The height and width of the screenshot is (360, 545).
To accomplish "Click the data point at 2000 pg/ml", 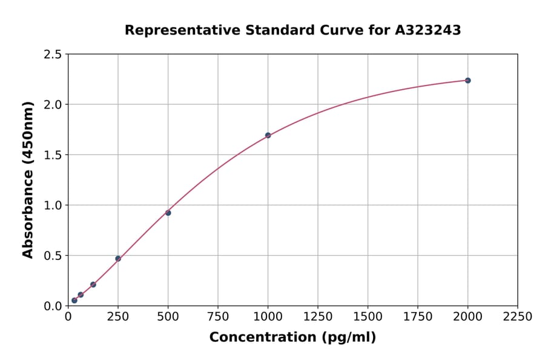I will pyautogui.click(x=467, y=81).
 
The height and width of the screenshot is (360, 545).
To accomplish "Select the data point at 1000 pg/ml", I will pyautogui.click(x=268, y=135).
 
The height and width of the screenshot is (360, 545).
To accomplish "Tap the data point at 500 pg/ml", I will pyautogui.click(x=168, y=213).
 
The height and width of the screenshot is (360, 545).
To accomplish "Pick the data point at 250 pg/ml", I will pyautogui.click(x=118, y=259).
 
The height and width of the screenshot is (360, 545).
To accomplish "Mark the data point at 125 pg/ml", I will pyautogui.click(x=93, y=284).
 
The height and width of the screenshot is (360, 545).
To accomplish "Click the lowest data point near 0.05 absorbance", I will pyautogui.click(x=74, y=300).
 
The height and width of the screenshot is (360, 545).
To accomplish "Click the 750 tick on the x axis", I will pyautogui.click(x=218, y=317).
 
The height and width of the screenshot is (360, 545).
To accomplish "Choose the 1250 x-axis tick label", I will pyautogui.click(x=318, y=317).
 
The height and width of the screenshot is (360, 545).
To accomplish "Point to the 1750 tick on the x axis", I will pyautogui.click(x=418, y=317).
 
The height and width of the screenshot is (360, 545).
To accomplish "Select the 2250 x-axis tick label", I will pyautogui.click(x=518, y=317).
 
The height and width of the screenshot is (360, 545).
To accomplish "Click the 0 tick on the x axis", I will pyautogui.click(x=68, y=317).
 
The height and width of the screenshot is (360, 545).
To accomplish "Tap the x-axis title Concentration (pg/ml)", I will pyautogui.click(x=292, y=338).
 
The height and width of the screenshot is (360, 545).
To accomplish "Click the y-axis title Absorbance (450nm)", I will pyautogui.click(x=28, y=179).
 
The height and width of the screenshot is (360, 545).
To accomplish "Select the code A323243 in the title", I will pyautogui.click(x=428, y=30).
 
